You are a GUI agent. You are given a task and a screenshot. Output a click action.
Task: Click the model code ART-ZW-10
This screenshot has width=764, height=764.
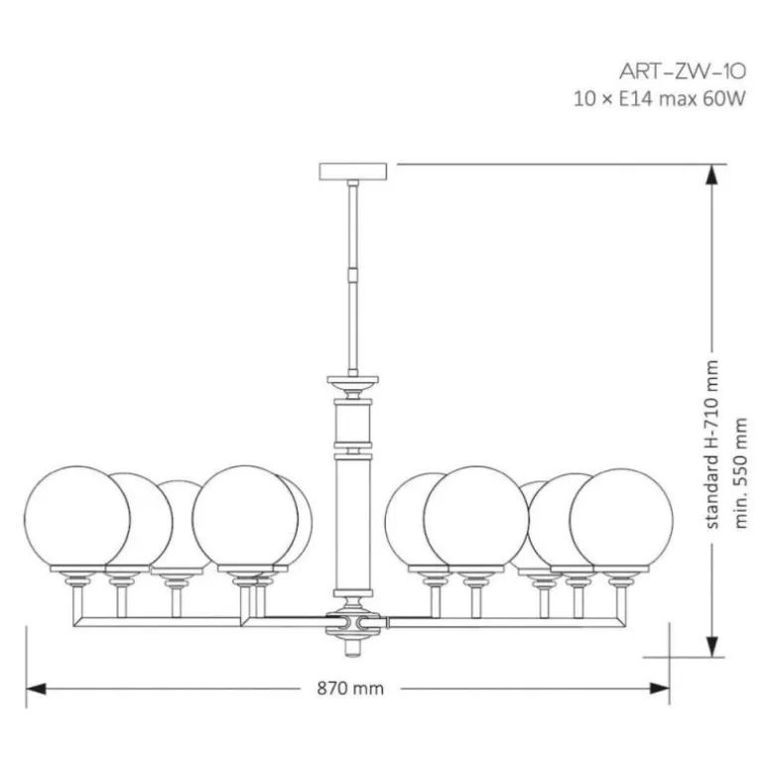[x=683, y=72]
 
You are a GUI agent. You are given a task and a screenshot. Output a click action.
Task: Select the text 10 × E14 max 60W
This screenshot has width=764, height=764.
[x=659, y=99]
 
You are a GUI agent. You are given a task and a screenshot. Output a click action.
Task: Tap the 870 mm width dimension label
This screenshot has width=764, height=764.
[x=350, y=689]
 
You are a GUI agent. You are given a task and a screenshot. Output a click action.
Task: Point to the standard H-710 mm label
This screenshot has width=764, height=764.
[x=711, y=445]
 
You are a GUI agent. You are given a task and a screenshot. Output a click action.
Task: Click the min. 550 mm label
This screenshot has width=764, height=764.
[x=740, y=473]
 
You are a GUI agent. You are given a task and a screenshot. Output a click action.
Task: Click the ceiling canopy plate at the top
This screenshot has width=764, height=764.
[x=353, y=172]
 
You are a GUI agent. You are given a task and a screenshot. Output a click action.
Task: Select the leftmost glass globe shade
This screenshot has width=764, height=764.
[x=77, y=518]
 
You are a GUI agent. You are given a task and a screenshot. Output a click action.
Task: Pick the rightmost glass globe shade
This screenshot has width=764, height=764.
[x=621, y=520]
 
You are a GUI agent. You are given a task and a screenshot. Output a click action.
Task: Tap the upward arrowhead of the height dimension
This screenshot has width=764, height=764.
[x=711, y=175]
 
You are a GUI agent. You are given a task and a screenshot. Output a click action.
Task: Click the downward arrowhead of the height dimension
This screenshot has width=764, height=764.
[x=711, y=647]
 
